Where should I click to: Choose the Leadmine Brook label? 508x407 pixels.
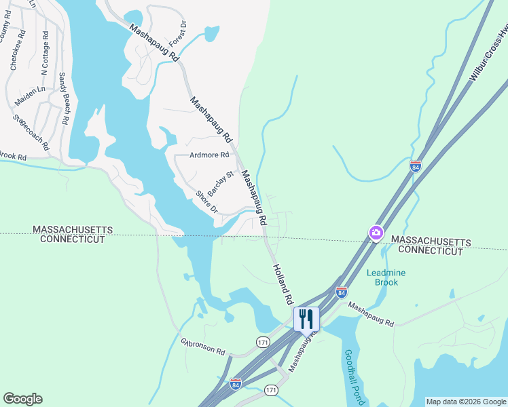tap(386, 277)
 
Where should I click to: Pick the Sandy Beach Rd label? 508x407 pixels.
tap(64, 98)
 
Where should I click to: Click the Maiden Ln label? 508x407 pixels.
tap(30, 94)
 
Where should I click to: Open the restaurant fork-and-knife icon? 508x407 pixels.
tap(306, 319)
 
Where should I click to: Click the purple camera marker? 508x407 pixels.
tap(376, 233)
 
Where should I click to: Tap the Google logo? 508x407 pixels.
tap(22, 399)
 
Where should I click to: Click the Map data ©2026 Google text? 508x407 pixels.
tap(465, 402)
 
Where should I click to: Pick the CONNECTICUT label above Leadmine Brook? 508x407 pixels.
tap(430, 251)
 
